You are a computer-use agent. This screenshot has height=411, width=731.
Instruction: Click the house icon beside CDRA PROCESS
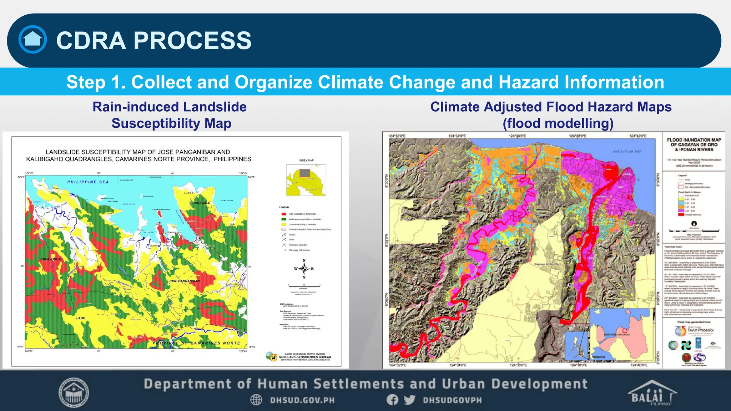(x=32, y=40)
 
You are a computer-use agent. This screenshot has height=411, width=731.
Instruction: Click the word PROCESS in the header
(x=192, y=40)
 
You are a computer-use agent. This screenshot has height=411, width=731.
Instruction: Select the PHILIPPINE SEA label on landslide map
(x=88, y=182)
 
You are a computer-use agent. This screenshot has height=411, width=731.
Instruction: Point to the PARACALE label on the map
(x=201, y=203)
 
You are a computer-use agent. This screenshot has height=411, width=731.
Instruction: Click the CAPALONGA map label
(x=50, y=259)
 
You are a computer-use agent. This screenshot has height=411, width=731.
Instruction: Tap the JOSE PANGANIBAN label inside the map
(x=184, y=281)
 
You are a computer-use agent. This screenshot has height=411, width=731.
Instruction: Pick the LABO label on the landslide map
(x=81, y=318)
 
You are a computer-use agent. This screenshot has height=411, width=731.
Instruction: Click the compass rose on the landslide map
(x=304, y=269)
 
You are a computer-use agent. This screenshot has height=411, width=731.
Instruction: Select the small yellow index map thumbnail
(x=306, y=180)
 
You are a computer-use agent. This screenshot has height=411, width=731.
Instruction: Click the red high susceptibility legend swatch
(x=284, y=214)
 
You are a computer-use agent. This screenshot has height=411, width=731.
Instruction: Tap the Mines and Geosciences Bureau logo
(x=272, y=356)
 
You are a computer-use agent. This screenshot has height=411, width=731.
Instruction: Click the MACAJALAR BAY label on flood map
(x=627, y=152)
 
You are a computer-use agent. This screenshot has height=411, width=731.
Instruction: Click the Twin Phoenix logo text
(x=700, y=330)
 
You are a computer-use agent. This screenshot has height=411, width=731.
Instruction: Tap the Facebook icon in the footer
(x=392, y=400)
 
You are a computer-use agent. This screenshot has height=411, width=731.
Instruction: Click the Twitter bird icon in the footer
(x=409, y=400)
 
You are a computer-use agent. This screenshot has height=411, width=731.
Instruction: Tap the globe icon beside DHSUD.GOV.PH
(x=256, y=400)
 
